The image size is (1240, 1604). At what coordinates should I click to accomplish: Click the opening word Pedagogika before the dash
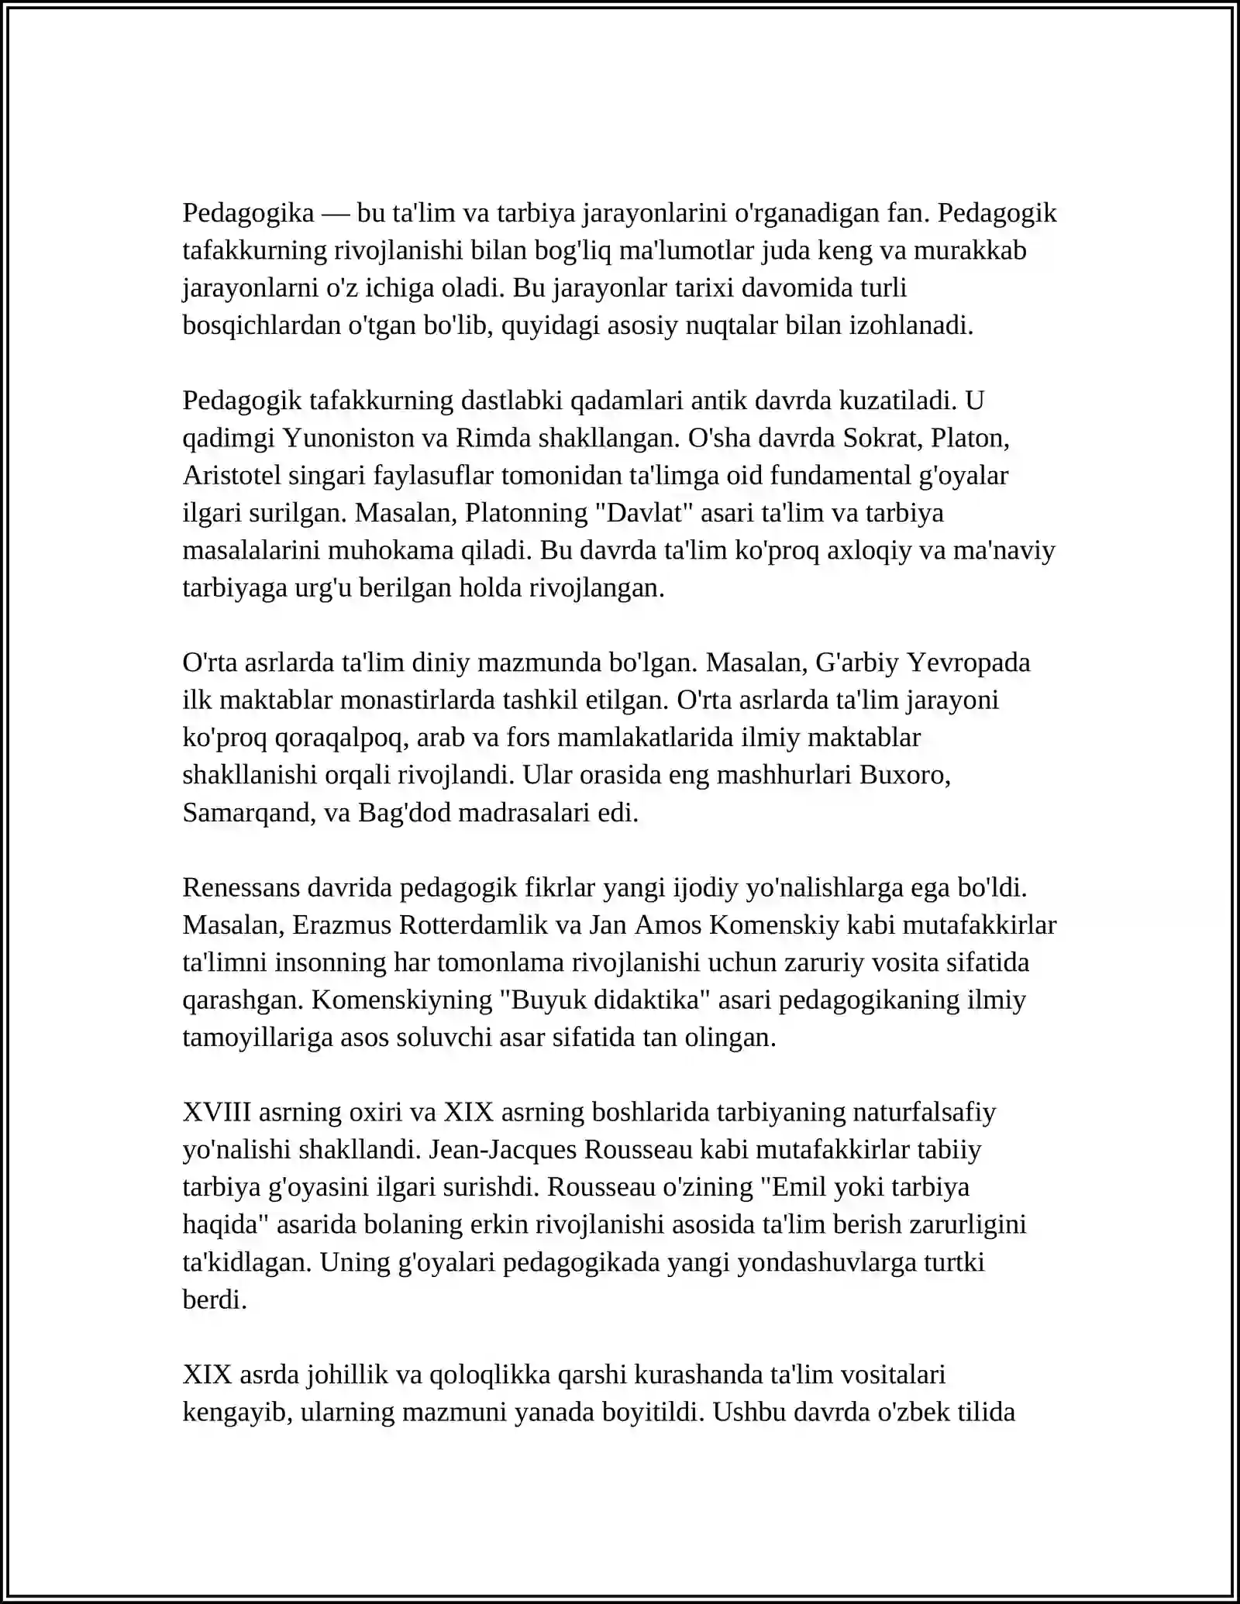(x=248, y=213)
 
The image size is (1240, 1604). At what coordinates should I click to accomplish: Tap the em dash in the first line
(x=336, y=213)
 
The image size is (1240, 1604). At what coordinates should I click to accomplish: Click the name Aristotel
(x=232, y=476)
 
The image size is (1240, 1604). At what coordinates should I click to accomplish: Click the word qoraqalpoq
(x=338, y=738)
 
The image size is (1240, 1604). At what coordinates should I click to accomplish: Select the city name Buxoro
(x=904, y=776)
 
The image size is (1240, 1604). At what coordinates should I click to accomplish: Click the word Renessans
(x=241, y=888)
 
